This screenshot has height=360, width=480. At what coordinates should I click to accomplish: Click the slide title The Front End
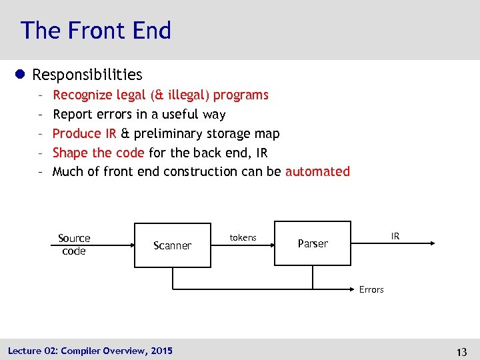(95, 31)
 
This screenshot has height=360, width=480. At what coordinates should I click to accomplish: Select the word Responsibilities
(87, 75)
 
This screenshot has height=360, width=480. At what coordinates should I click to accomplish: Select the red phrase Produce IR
(84, 133)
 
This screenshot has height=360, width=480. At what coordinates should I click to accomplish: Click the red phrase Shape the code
(98, 153)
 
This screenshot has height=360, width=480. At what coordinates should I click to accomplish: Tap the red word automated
(317, 171)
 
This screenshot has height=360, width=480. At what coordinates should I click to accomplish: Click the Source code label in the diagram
(74, 245)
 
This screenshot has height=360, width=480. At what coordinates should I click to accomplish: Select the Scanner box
(172, 245)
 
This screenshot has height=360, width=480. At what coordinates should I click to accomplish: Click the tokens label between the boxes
(243, 237)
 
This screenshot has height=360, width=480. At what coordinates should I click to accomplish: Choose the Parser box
(313, 244)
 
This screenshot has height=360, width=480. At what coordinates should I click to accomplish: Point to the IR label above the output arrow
(395, 236)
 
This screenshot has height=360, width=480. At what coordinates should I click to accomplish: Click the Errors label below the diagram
(371, 289)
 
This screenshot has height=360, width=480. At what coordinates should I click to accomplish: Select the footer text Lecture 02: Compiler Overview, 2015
(90, 350)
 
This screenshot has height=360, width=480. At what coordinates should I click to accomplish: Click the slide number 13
(461, 351)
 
